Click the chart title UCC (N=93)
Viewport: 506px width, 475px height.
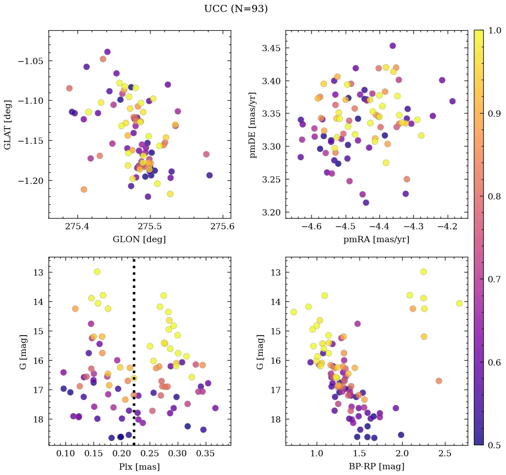click(x=236, y=9)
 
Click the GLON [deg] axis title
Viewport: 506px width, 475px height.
click(x=139, y=240)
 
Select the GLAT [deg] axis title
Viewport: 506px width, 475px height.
click(x=8, y=125)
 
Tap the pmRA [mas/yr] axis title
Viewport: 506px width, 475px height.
click(x=376, y=240)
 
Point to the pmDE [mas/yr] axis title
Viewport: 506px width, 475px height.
click(x=253, y=125)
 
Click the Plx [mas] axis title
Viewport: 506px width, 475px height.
click(x=139, y=467)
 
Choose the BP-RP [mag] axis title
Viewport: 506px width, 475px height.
click(x=376, y=467)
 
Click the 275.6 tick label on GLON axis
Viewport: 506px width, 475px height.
click(x=222, y=227)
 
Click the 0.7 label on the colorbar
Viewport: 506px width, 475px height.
click(x=495, y=279)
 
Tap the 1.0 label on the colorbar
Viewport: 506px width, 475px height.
click(x=495, y=30)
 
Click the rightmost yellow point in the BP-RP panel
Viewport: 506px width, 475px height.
click(x=459, y=303)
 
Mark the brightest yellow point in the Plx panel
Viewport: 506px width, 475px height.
click(x=97, y=272)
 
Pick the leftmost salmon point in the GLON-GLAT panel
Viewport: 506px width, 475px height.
click(x=69, y=88)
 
